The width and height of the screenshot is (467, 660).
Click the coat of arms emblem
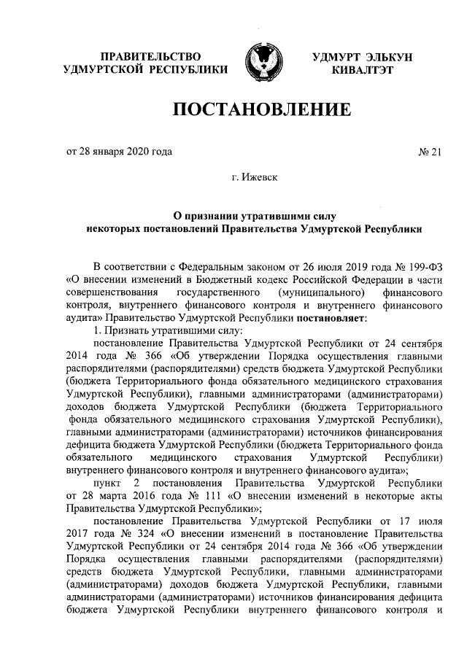260,63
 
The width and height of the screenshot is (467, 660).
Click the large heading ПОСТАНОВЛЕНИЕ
261,111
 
